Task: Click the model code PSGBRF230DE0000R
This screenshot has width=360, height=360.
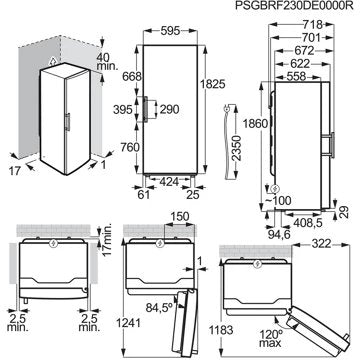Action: tap(294, 6)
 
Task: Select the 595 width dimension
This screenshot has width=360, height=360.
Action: tap(170, 31)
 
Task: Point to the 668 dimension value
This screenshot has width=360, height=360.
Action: tap(132, 76)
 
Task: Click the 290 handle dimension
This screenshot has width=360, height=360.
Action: tap(170, 109)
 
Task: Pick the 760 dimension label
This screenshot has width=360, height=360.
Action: tap(129, 147)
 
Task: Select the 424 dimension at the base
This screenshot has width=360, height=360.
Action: tap(170, 181)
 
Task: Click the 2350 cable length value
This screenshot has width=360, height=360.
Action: tap(236, 148)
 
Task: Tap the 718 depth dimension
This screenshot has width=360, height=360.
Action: tap(313, 24)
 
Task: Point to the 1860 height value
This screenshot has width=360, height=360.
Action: tap(255, 124)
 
